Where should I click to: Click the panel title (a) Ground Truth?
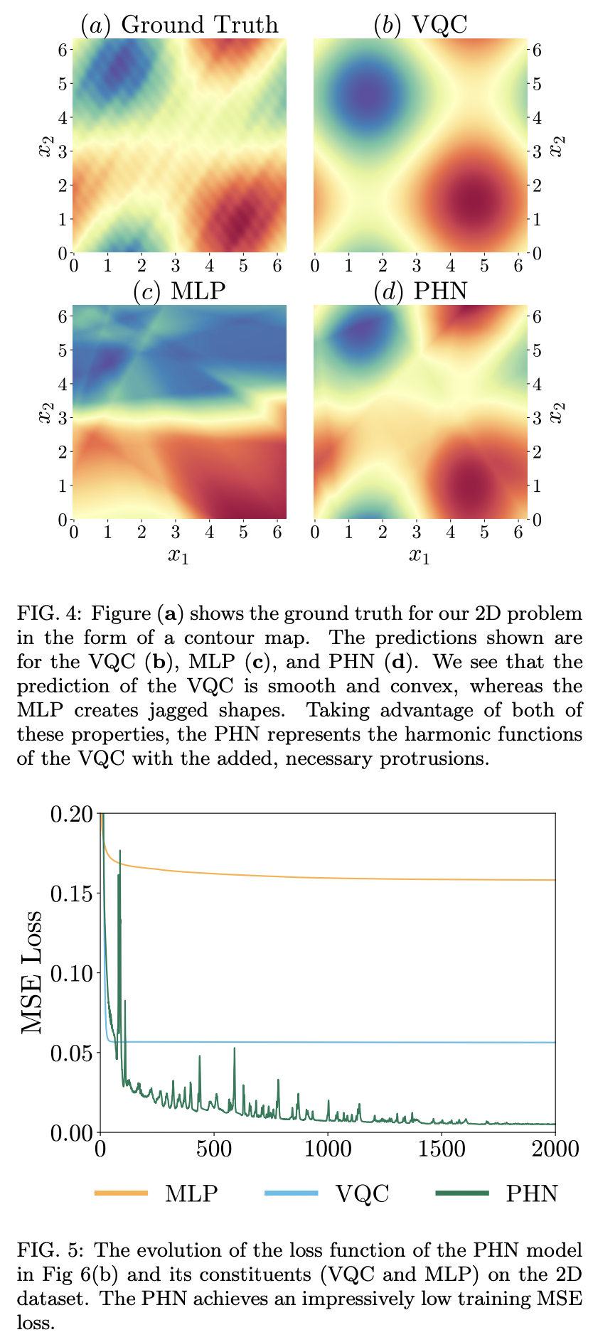pyautogui.click(x=179, y=24)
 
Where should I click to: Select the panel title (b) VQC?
pyautogui.click(x=420, y=24)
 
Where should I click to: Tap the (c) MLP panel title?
pyautogui.click(x=179, y=291)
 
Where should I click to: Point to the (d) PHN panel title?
pyautogui.click(x=420, y=291)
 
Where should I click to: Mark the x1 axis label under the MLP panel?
pyautogui.click(x=179, y=555)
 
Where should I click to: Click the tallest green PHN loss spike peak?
pyautogui.click(x=120, y=851)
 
